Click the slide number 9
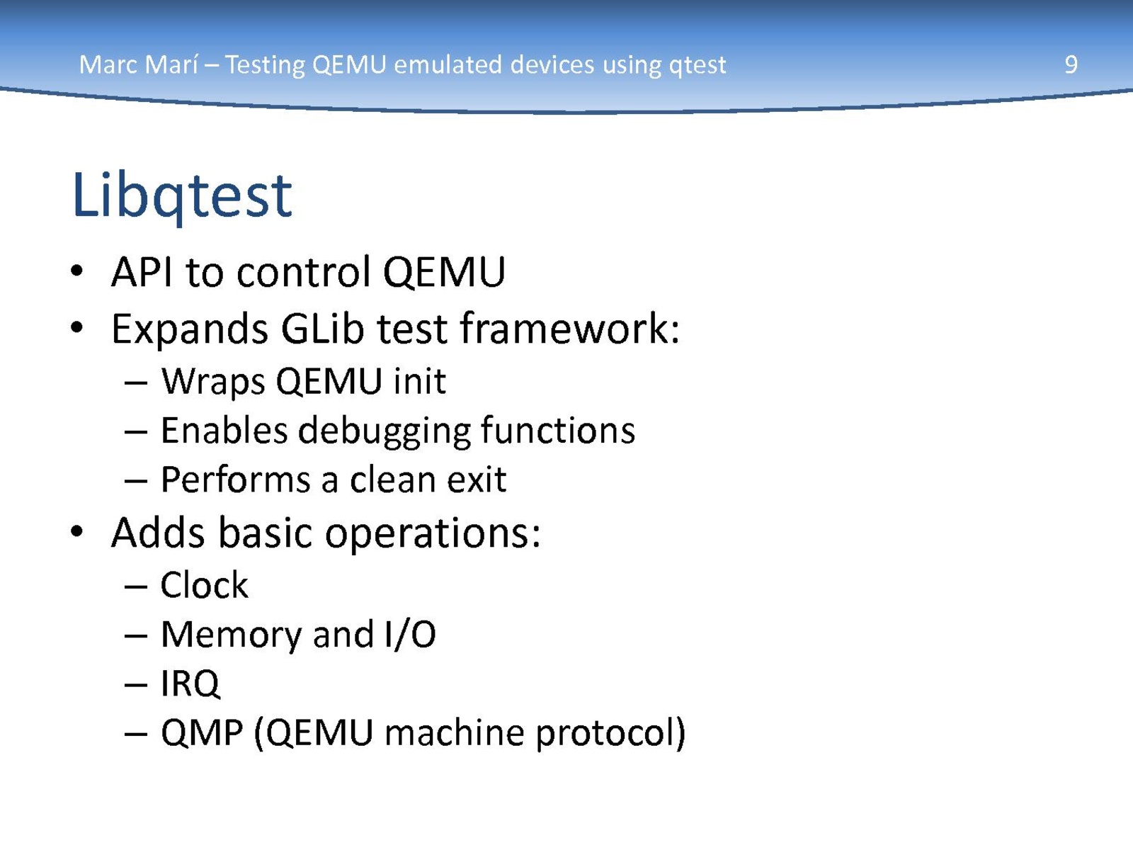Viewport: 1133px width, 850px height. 1071,65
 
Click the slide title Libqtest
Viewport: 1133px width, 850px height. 182,197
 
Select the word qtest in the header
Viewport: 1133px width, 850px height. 698,66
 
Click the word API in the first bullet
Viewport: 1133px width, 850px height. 142,272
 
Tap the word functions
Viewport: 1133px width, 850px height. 558,431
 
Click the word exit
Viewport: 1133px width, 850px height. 477,480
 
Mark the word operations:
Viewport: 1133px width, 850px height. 433,534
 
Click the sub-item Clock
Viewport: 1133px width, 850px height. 205,585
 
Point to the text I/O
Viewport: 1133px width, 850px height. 410,634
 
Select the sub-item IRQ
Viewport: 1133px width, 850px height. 190,684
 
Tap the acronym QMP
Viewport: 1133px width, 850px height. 202,733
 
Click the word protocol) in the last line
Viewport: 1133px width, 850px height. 610,733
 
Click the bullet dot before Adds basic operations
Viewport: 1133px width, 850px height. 76,531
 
